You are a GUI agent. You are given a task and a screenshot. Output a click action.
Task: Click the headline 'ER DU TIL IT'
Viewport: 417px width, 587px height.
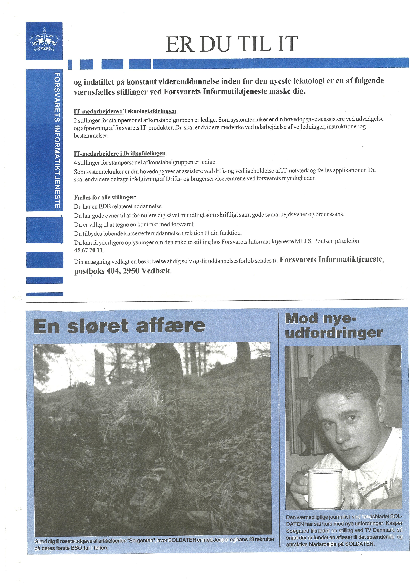[232, 44]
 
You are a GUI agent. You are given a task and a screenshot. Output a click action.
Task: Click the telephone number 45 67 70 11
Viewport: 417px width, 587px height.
[88, 250]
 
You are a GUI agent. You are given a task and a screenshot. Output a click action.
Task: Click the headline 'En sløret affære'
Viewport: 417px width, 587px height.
[119, 326]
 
